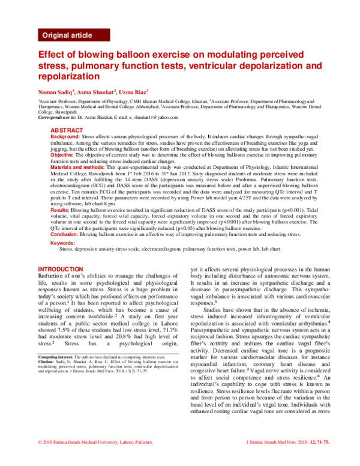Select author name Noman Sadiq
tap(56, 92)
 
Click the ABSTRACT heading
tap(67, 130)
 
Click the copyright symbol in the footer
tap(40, 459)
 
